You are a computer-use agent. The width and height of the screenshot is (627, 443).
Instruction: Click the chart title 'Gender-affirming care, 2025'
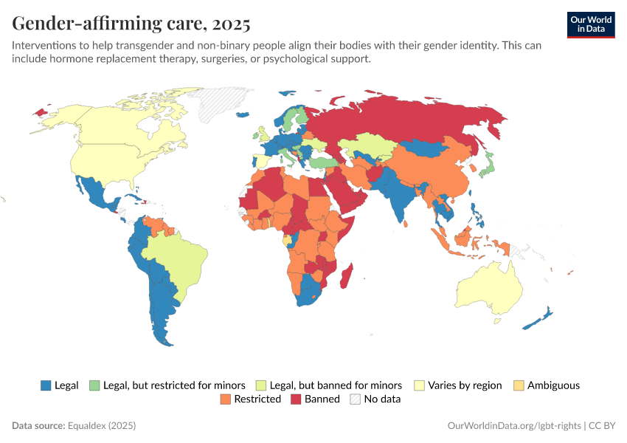pos(131,24)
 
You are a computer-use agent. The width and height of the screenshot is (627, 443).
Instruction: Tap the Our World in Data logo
pos(590,24)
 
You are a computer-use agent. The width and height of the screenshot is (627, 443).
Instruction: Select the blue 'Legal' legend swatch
pos(46,385)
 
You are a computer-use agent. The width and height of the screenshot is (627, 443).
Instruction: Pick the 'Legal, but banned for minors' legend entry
pos(328,385)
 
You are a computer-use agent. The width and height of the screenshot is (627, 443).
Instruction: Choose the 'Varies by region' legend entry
pos(458,385)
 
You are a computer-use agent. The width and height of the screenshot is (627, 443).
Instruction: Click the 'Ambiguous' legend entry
pos(547,385)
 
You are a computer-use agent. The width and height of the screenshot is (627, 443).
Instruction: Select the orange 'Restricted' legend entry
pos(251,399)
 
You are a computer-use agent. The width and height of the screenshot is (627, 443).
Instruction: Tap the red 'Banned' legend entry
pos(315,399)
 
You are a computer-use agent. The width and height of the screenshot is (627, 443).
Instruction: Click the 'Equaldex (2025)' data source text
pos(102,426)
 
